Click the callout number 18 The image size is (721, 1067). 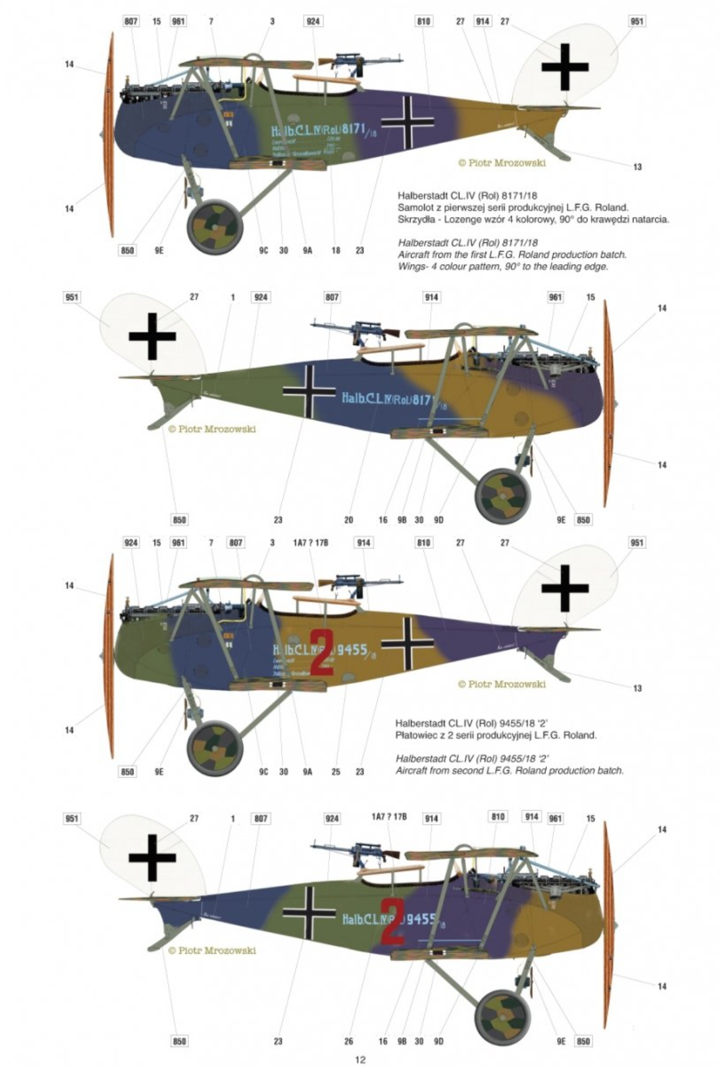tap(336, 251)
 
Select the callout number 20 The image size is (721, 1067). tap(348, 520)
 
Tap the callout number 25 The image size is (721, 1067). tap(336, 772)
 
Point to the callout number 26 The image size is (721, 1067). tap(348, 1041)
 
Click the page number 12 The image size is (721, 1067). tap(360, 1060)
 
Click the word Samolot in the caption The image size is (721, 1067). tap(415, 207)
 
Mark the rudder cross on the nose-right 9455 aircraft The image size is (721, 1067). tap(152, 857)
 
